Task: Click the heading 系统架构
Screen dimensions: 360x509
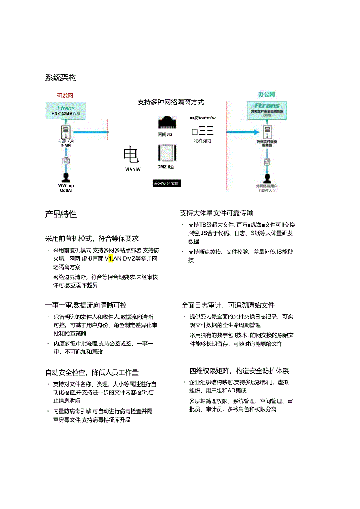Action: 61,77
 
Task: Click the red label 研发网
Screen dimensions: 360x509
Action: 65,95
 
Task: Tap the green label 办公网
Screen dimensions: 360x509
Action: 266,94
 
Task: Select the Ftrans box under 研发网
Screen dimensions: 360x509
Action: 66,110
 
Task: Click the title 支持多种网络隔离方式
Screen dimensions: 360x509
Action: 171,103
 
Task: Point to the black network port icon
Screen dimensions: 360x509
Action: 167,122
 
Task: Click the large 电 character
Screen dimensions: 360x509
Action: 131,155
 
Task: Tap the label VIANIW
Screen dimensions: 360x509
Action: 132,169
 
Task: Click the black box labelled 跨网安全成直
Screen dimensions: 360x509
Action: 167,183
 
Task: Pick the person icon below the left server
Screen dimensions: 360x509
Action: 66,177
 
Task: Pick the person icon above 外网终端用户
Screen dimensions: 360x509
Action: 267,178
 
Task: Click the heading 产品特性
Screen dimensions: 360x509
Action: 61,214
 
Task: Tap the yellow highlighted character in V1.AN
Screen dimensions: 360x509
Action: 111,259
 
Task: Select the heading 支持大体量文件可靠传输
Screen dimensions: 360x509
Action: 216,213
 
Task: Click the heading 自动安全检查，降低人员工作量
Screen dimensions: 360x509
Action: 92,373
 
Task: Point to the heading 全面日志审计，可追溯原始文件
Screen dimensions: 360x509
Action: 228,305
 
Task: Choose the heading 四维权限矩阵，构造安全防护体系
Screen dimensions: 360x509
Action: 239,371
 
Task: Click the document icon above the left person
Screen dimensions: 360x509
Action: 66,160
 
